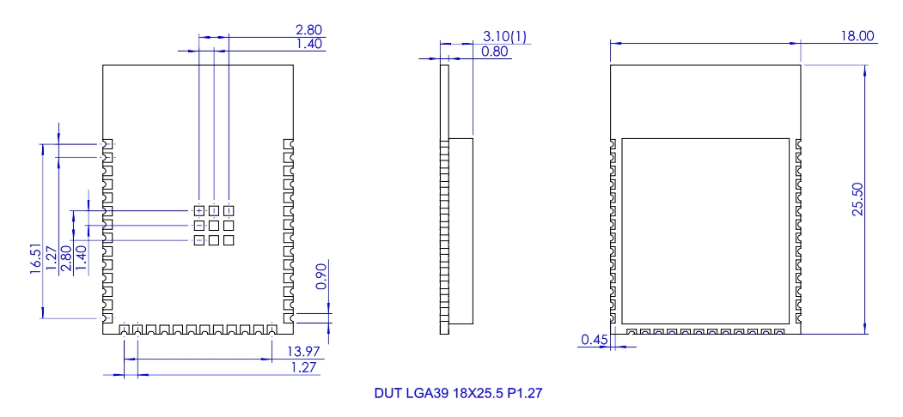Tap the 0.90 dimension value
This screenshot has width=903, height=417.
321,275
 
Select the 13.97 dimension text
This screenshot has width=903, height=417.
303,352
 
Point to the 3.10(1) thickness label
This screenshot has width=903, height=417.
504,36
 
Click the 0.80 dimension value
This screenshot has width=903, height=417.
495,51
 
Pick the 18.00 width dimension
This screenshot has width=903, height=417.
857,36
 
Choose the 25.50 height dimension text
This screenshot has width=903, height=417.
857,200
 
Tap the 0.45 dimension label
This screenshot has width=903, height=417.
594,340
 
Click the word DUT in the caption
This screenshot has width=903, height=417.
387,394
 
